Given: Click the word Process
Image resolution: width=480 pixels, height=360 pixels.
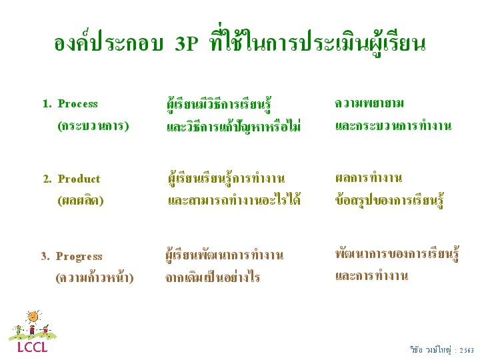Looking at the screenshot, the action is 78,104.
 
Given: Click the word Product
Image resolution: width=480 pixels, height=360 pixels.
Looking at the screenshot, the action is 79,179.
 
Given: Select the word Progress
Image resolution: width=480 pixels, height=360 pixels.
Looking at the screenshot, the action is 79,257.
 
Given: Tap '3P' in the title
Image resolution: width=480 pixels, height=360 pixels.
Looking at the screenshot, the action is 187,44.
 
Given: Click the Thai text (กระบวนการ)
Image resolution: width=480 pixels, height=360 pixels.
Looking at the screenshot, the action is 93,126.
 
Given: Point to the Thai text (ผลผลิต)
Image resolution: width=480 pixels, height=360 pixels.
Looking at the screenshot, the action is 81,201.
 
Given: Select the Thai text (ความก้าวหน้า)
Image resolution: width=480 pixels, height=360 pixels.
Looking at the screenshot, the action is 95,277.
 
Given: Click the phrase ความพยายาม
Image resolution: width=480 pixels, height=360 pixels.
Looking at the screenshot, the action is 369,103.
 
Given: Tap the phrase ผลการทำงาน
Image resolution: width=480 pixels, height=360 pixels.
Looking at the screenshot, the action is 369,177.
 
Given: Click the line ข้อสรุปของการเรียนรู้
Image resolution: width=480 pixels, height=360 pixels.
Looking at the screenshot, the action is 389,199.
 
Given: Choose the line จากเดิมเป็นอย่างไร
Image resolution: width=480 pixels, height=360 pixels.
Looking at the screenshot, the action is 213,277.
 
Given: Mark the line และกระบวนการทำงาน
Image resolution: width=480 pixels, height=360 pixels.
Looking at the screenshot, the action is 393,126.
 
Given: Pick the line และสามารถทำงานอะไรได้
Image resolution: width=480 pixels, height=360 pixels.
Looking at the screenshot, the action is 234,199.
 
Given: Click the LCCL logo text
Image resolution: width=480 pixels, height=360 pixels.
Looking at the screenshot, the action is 33,347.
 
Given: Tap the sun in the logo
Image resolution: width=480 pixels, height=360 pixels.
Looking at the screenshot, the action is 33,317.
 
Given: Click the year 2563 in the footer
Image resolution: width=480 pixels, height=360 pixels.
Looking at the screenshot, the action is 467,350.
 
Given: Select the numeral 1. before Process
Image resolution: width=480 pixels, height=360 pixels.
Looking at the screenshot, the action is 47,104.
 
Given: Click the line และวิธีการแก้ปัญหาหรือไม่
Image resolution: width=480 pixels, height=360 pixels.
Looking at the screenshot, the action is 233,126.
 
